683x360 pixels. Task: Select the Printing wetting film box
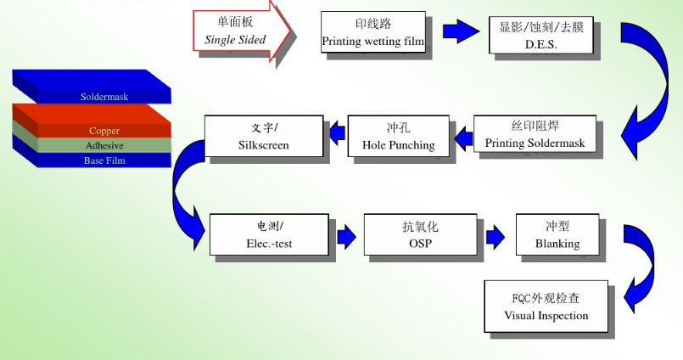[x=373, y=32]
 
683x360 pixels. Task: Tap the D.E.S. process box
[x=540, y=35]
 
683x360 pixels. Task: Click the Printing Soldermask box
[x=535, y=134]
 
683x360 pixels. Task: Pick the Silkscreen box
[x=264, y=136]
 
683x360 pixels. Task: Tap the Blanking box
[x=557, y=235]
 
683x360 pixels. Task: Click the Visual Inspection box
[x=546, y=307]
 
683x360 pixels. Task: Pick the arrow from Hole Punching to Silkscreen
[x=336, y=131]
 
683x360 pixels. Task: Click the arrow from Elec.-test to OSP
[x=346, y=235]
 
